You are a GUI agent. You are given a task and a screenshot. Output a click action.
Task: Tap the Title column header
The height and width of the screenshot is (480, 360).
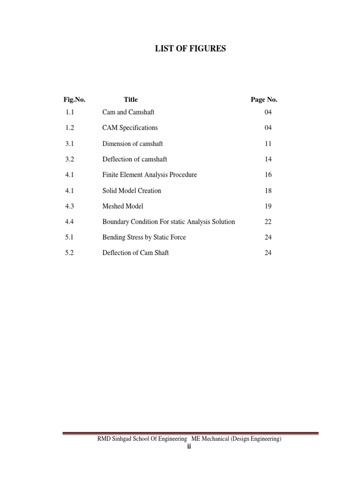click(131, 99)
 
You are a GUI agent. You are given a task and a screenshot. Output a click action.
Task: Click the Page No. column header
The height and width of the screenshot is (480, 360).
click(264, 99)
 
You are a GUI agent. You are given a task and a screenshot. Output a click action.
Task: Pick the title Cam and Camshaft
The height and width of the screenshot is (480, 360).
click(128, 112)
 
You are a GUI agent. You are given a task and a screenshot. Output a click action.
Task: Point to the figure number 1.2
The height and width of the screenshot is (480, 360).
click(70, 127)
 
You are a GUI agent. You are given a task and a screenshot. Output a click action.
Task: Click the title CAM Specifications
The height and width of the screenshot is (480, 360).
click(130, 127)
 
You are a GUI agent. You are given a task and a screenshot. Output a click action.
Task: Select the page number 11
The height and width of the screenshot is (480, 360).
click(268, 143)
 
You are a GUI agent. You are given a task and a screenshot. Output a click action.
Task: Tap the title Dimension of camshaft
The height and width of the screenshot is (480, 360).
click(133, 143)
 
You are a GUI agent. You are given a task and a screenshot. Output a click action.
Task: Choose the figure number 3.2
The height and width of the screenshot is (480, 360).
click(70, 159)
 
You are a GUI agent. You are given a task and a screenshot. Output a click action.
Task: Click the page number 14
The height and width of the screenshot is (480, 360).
click(268, 159)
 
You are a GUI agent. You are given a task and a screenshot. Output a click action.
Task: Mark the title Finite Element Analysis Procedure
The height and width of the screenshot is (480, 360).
click(150, 175)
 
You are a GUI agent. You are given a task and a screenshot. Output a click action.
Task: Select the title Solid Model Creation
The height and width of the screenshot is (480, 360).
click(132, 190)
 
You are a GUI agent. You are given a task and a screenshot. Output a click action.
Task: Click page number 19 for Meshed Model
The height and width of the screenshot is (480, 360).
click(268, 206)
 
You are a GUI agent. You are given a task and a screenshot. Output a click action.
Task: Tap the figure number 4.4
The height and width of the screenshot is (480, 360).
click(70, 222)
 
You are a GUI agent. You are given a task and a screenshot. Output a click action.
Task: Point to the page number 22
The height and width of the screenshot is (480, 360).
click(268, 222)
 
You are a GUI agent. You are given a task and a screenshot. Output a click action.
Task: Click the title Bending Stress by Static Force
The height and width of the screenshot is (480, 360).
click(144, 237)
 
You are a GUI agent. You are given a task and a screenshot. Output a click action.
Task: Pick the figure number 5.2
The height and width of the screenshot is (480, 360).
click(70, 253)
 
